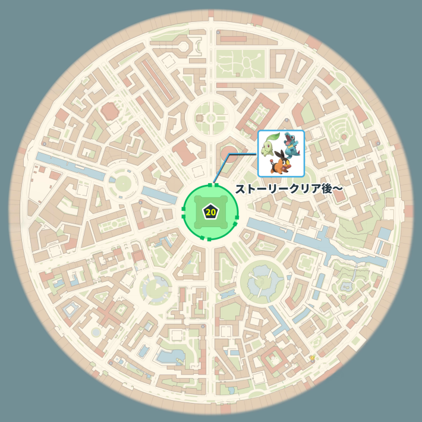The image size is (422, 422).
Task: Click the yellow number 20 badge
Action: [210, 212]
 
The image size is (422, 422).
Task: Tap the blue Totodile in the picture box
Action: [291, 145]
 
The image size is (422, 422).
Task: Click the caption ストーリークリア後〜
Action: [289, 189]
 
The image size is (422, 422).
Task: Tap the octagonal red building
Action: [109, 111]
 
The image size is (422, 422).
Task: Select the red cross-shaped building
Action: [109, 313]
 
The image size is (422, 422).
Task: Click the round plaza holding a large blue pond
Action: [262, 280]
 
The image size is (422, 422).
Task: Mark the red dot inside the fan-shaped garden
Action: [344, 137]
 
